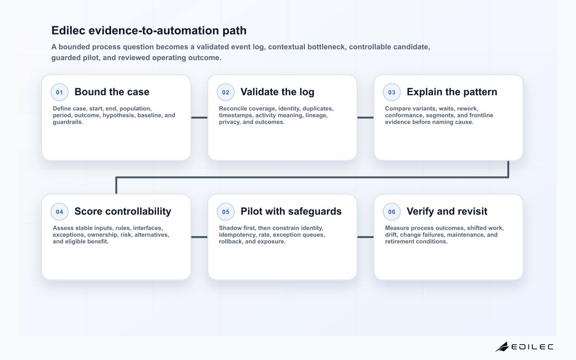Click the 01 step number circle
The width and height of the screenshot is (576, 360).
[60, 92]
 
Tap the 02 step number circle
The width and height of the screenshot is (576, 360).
[226, 92]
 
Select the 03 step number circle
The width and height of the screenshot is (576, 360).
[392, 92]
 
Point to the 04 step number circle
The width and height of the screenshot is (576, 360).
[60, 212]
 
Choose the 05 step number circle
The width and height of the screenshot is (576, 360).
[226, 212]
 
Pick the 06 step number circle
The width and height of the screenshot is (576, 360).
[392, 212]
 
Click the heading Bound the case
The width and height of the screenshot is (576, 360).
[112, 92]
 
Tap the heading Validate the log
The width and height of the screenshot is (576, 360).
[277, 92]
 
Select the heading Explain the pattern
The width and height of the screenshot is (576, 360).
[452, 92]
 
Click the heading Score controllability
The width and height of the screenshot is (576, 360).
[123, 212]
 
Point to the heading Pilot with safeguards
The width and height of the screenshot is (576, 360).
[291, 212]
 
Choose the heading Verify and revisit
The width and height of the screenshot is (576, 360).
[447, 212]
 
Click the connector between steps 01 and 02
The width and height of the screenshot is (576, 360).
[199, 118]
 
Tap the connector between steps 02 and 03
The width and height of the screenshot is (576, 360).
[365, 118]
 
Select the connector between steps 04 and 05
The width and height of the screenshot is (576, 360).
[199, 237]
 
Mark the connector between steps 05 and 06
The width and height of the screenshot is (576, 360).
[365, 237]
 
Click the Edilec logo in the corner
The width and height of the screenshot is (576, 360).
[524, 347]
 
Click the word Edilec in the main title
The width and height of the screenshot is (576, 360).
[68, 30]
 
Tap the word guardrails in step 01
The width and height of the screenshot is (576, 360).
[68, 122]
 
